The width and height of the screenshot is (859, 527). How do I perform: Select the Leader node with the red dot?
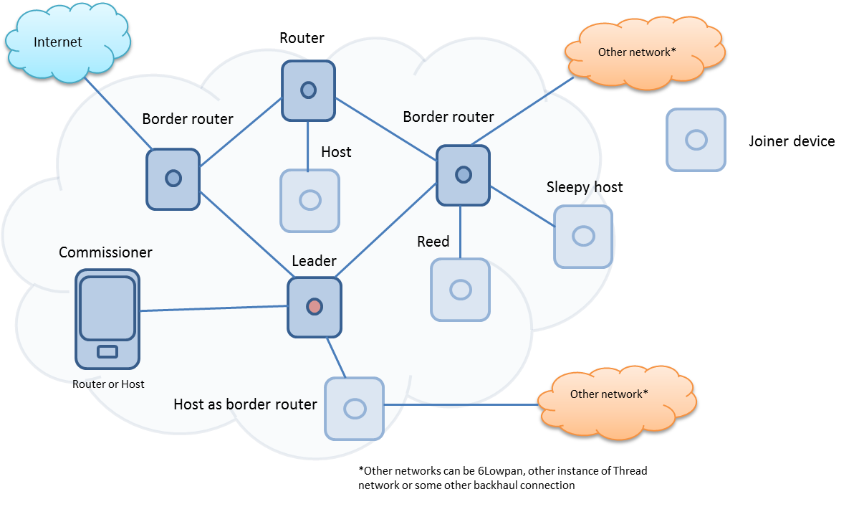point(315,307)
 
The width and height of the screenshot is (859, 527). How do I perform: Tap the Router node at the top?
point(308,90)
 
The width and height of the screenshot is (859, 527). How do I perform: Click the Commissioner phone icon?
point(107,318)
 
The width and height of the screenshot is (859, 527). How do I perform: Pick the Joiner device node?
point(696,140)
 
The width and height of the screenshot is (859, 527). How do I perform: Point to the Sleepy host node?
point(583,236)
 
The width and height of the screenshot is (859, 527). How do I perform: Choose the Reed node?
point(460,290)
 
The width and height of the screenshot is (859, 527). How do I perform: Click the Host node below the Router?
point(309,200)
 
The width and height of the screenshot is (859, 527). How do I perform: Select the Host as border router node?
point(355,409)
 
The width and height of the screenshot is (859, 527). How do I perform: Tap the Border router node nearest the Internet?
point(173,179)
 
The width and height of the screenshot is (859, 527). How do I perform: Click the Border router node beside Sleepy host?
point(464,174)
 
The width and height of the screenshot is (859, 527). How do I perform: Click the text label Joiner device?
point(792,141)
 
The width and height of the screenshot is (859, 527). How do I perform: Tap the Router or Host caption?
point(108,384)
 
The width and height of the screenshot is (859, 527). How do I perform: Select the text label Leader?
point(314,261)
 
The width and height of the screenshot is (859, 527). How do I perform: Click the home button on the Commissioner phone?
point(107,351)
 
